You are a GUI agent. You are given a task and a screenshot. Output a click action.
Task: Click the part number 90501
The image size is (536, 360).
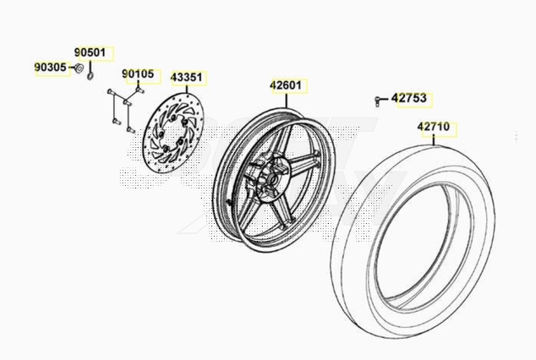point(90,52)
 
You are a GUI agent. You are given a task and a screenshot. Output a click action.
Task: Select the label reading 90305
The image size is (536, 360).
point(50,68)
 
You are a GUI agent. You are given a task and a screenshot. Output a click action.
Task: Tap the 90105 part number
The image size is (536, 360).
point(138,74)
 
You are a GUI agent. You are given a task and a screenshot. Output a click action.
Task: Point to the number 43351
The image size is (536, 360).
point(187,78)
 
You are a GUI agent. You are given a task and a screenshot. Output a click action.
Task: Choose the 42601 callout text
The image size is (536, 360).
point(286,85)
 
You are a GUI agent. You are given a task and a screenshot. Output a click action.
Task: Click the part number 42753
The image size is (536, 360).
point(409,98)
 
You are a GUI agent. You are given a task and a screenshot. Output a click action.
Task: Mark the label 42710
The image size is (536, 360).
point(434,127)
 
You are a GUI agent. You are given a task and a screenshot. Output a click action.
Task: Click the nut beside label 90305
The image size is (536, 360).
point(79,68)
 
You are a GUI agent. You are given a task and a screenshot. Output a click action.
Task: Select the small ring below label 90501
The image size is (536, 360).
point(90,76)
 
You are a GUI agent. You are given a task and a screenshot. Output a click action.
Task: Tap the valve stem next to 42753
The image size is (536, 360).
point(377,101)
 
